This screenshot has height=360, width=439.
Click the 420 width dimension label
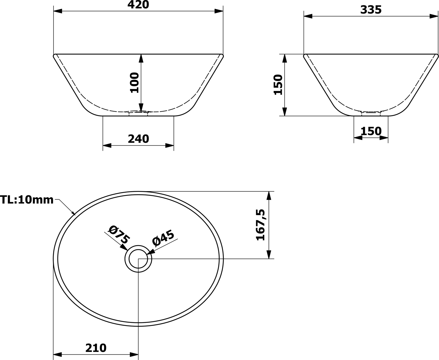click(x=138, y=5)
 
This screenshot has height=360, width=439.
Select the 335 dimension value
click(x=371, y=10)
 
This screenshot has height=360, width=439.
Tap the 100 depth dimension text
click(x=134, y=82)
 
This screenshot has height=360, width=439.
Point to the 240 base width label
click(x=139, y=139)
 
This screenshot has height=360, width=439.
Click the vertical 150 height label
click(x=278, y=85)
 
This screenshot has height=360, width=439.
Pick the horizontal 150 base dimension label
click(x=371, y=131)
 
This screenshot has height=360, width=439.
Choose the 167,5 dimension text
click(x=260, y=225)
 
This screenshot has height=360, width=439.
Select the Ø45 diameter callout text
click(x=163, y=238)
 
